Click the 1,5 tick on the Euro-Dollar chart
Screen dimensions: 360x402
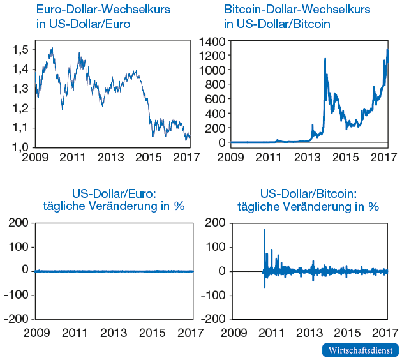[21, 50]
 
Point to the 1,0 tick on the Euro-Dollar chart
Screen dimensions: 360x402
[21, 147]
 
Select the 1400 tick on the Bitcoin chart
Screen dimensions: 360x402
[212, 41]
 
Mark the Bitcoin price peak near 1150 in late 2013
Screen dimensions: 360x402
[325, 59]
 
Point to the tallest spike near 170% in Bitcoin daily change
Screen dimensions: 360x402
[264, 230]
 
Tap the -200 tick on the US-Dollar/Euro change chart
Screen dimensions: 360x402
[17, 319]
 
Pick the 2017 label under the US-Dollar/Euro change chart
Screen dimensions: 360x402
[190, 333]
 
